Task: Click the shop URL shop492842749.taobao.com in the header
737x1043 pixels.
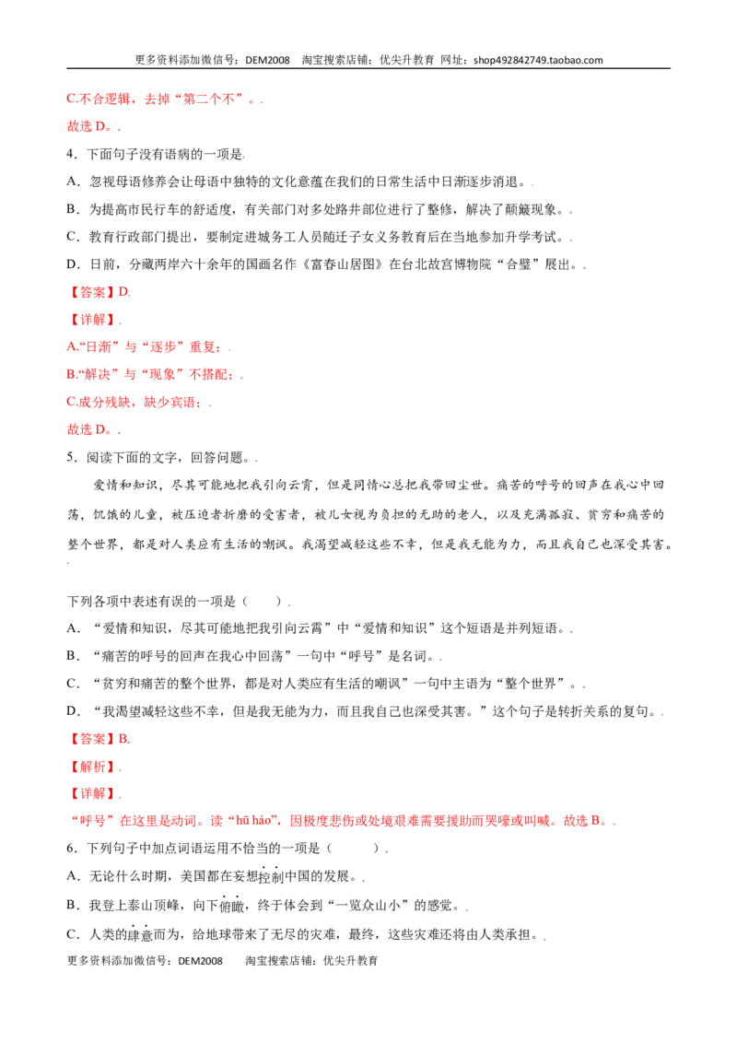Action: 538,60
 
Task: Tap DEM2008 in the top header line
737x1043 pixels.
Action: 267,60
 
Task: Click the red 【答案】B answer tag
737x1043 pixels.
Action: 99,739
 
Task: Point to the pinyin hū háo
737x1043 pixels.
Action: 252,821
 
